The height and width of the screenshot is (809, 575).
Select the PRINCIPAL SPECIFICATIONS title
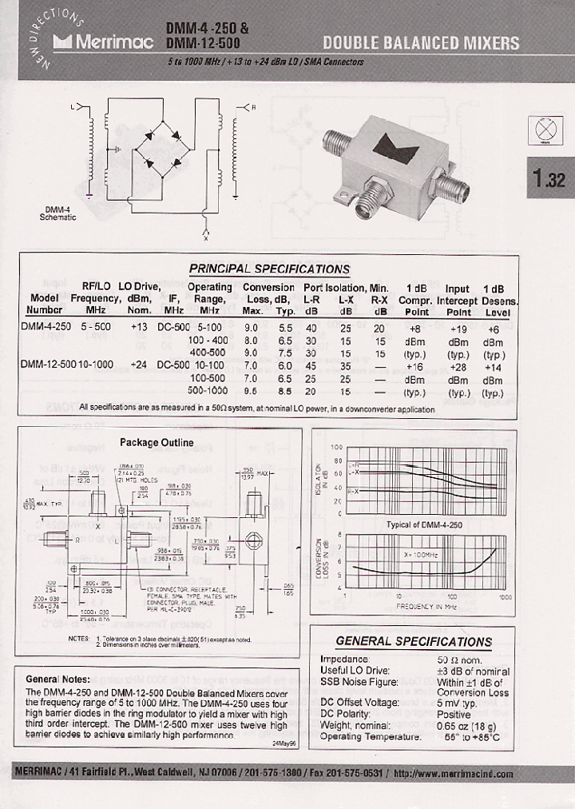click(x=269, y=269)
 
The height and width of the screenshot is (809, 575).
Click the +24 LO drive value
click(x=140, y=364)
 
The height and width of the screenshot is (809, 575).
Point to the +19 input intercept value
click(x=458, y=327)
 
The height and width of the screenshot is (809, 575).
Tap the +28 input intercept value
click(x=458, y=364)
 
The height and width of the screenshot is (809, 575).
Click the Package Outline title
click(x=157, y=442)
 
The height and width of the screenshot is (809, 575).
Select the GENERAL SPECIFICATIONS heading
click(x=414, y=641)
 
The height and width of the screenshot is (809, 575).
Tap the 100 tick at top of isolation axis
click(x=336, y=448)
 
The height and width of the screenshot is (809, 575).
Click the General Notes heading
click(x=58, y=679)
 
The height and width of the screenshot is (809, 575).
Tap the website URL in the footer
click(x=453, y=774)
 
